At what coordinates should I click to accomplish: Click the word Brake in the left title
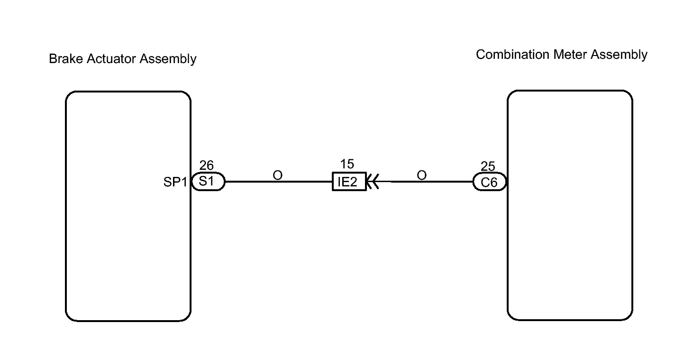click(66, 58)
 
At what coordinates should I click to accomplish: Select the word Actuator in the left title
click(111, 58)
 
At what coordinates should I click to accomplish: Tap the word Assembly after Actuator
click(168, 59)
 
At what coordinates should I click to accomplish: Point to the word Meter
click(570, 55)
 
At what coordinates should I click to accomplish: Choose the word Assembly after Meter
click(619, 55)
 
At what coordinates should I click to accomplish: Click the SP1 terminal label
click(175, 182)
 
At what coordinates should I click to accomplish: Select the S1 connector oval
click(208, 182)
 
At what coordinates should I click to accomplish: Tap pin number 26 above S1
click(206, 165)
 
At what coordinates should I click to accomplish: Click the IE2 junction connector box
click(349, 182)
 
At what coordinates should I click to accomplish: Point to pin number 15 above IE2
click(347, 164)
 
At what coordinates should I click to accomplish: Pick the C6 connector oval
click(490, 182)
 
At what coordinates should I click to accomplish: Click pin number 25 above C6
click(488, 166)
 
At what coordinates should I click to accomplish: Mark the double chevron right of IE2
click(373, 182)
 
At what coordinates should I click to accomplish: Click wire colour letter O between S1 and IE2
click(277, 175)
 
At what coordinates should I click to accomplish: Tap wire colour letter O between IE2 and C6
click(421, 175)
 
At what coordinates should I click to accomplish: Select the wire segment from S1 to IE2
click(279, 182)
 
